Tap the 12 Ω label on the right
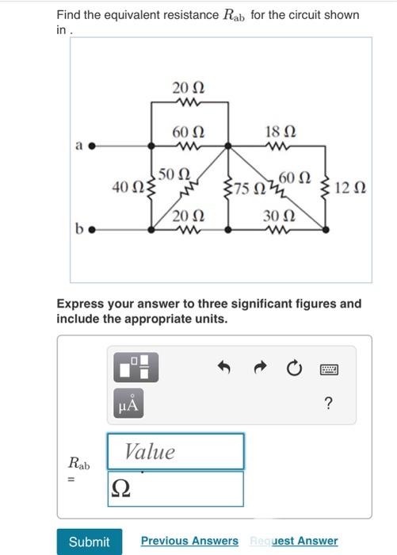[x=349, y=188]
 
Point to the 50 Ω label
[x=174, y=174]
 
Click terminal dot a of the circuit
[x=92, y=146]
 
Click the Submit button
[x=89, y=542]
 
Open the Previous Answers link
[x=189, y=542]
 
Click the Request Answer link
[x=293, y=542]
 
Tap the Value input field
[x=175, y=451]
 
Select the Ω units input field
[x=175, y=488]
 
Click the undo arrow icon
[x=224, y=369]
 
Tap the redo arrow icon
[x=259, y=369]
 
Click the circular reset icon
[x=294, y=369]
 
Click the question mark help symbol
[x=329, y=404]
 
